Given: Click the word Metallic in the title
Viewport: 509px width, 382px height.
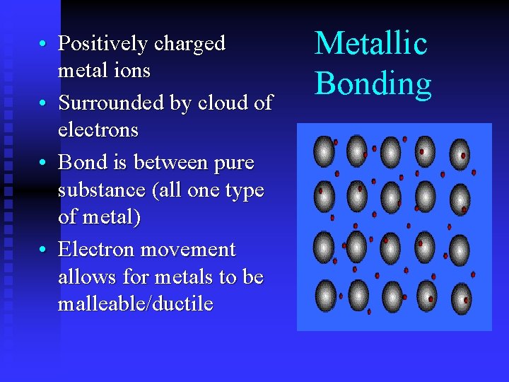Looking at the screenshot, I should (371, 44).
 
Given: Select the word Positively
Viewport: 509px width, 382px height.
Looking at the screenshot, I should (103, 44).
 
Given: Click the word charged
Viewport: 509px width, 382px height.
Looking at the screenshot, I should (189, 44).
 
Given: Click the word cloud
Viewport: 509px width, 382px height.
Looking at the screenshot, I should (218, 103).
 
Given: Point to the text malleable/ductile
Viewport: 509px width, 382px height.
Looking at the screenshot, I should (136, 304).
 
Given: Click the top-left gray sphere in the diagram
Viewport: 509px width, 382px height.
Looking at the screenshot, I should (324, 151).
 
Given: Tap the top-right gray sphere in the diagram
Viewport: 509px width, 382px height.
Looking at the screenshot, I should (459, 153).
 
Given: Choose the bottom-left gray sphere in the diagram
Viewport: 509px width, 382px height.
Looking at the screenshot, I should (325, 295).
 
